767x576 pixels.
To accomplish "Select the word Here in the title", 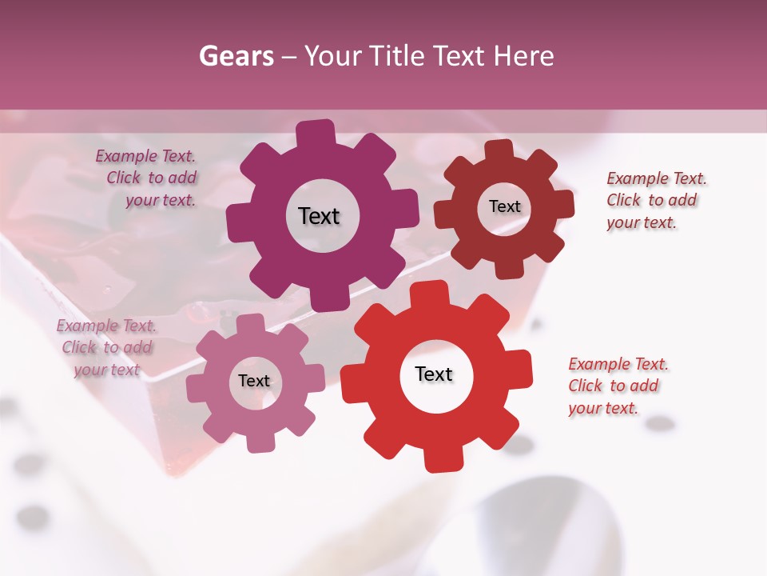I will (x=523, y=56).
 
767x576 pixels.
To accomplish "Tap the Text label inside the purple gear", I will (x=319, y=216).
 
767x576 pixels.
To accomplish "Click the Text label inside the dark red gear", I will (x=504, y=206).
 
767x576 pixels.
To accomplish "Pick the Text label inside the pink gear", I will (x=254, y=381).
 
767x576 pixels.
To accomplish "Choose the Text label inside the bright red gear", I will (x=434, y=374).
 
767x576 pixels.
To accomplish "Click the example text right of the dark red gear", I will (x=656, y=200).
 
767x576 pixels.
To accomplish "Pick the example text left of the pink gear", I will (x=106, y=348).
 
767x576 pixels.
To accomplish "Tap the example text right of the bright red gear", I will (x=618, y=386).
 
